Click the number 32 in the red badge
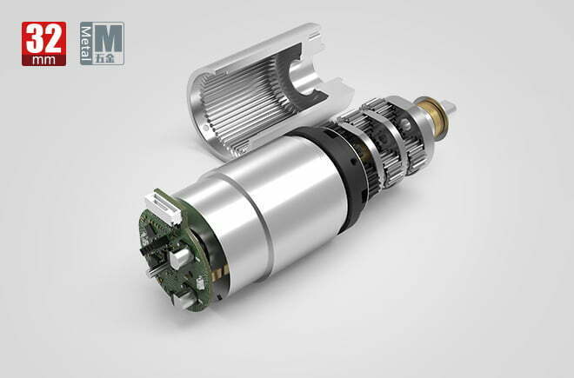44,38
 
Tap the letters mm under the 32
44,60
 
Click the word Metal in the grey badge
86,44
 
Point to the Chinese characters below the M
104,58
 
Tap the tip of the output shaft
453,107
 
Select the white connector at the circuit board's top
164,208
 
